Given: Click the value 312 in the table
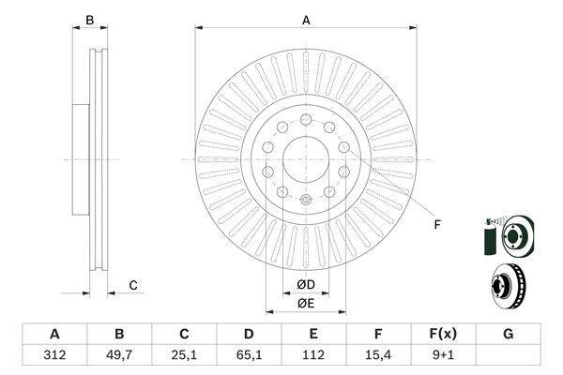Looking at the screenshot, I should click(x=53, y=355).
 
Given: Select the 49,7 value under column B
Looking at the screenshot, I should click(x=119, y=355).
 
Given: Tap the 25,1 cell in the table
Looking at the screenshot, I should click(x=185, y=355).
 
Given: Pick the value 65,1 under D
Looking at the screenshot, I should click(x=249, y=355).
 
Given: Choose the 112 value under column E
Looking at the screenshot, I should click(x=313, y=355).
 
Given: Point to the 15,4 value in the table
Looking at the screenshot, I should click(x=378, y=355).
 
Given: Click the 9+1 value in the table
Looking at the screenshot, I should click(x=443, y=355).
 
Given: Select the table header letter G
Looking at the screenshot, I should click(x=508, y=334).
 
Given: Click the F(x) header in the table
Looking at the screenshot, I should click(x=443, y=334).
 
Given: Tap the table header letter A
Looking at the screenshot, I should click(x=53, y=334).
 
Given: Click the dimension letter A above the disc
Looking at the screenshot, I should click(x=306, y=19).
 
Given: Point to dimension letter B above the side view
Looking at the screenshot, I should click(x=90, y=20).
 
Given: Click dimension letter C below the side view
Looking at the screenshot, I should click(x=133, y=285).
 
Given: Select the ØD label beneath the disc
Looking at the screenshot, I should click(x=305, y=285).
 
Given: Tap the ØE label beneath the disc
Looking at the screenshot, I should click(x=305, y=304).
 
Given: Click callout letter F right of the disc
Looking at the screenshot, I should click(x=437, y=225).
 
